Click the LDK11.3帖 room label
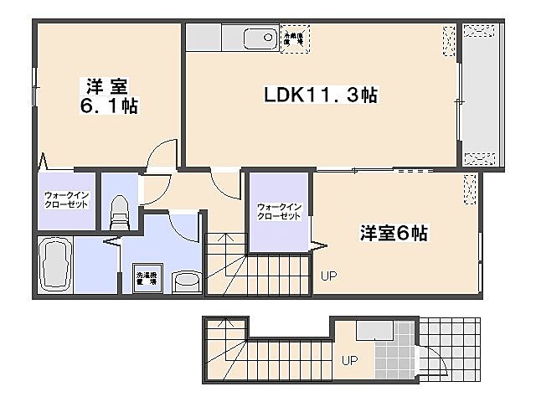(x=321, y=95)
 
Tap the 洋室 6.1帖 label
(x=109, y=95)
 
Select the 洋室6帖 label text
(x=394, y=234)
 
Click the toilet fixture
(x=119, y=211)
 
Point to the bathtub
(x=54, y=265)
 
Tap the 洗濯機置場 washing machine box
(x=147, y=279)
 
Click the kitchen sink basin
(x=259, y=38)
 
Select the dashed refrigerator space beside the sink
(x=295, y=38)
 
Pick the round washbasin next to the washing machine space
(x=185, y=282)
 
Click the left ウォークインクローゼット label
(x=66, y=200)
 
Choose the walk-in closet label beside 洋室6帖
(x=278, y=211)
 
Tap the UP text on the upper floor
(x=327, y=275)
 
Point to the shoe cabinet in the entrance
(x=369, y=331)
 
